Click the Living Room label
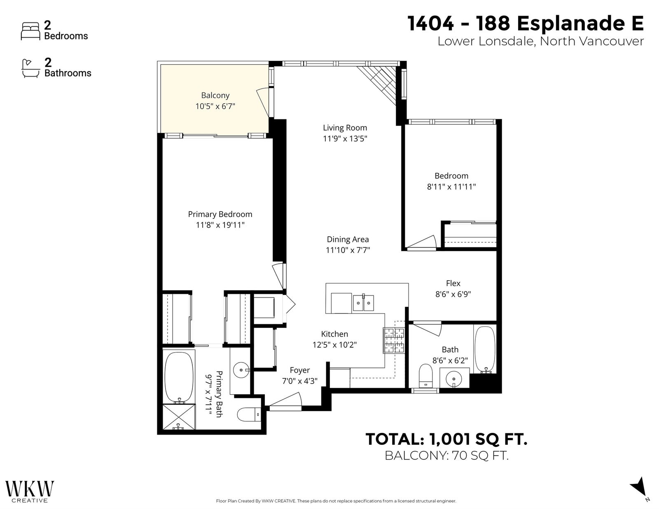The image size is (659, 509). coord(345,128)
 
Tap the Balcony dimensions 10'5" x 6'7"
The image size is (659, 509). coord(215,106)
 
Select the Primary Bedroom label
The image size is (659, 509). coord(220,214)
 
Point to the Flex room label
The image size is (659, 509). coord(453,283)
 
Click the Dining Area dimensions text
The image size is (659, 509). coord(348,250)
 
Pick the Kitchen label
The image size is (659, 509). coord(334,334)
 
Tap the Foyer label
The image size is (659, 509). coord(299,370)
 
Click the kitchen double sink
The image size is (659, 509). coord(363,302)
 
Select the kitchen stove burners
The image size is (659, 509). coord(394,341)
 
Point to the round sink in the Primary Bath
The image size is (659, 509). coord(241,370)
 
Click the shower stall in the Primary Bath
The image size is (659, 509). coord(179,417)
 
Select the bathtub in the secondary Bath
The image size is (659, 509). coord(485,350)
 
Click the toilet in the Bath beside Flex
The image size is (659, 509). coord(425,376)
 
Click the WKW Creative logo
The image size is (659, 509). coord(30,491)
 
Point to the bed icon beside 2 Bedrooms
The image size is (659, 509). coord(30,31)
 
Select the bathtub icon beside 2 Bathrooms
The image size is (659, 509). coord(30,69)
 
